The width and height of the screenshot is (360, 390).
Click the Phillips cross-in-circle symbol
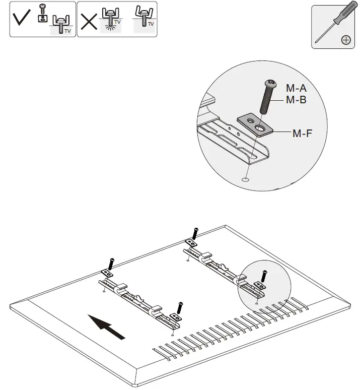coord(346,40)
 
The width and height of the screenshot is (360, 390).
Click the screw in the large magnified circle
coord(265,98)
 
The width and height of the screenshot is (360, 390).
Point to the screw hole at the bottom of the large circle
coord(245,178)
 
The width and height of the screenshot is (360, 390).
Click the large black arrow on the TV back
coord(107,327)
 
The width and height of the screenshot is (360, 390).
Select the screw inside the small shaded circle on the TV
coord(264,277)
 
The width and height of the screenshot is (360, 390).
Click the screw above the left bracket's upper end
coord(112,263)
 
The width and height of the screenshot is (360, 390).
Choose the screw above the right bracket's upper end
coord(195,232)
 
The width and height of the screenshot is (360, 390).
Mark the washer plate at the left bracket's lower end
coord(175,317)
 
